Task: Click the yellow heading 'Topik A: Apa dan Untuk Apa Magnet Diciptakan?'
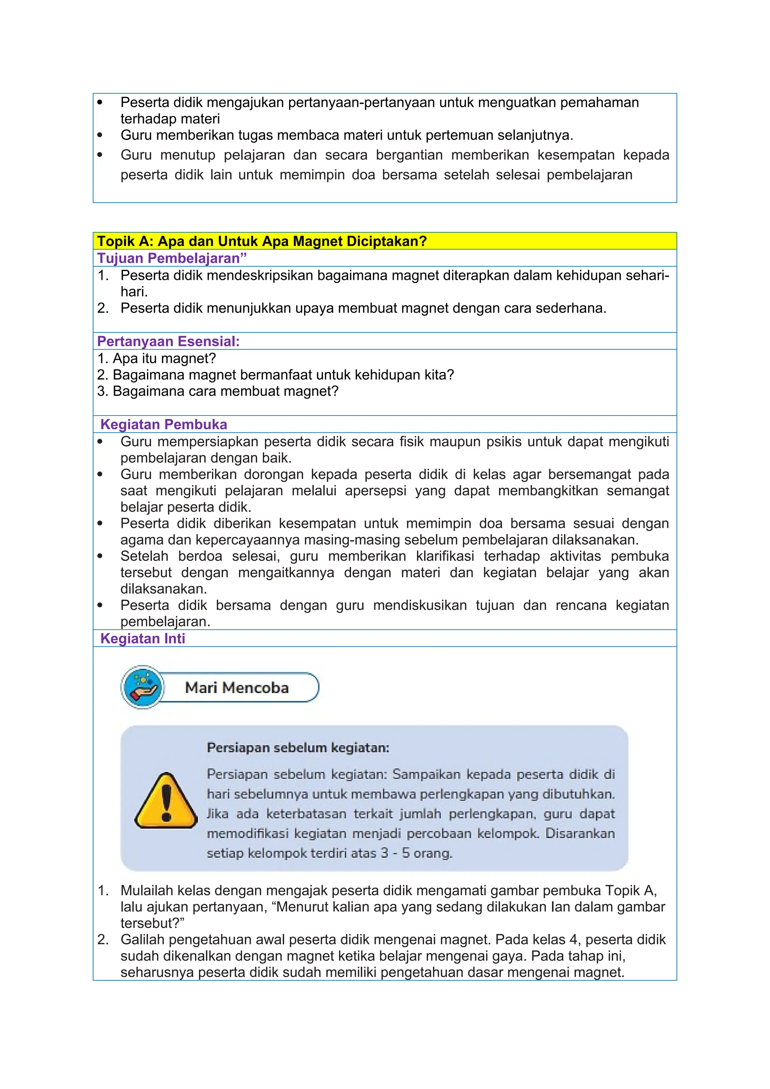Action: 262,241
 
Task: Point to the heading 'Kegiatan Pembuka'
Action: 164,424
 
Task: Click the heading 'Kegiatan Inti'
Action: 143,639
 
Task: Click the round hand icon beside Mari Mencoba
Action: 143,687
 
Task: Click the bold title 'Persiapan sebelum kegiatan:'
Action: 298,748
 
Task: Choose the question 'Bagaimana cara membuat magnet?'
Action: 225,391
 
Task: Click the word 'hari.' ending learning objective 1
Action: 134,292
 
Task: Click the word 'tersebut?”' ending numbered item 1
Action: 152,923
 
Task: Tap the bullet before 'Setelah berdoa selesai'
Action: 100,557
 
